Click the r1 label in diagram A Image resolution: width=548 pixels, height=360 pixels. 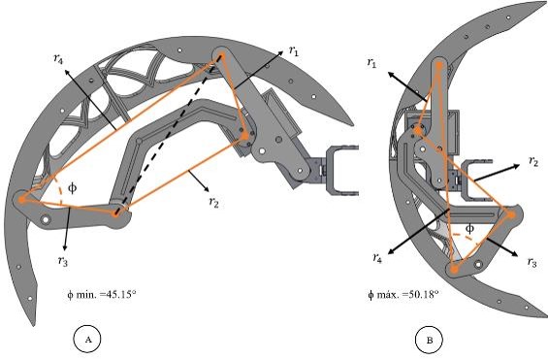tap(294, 51)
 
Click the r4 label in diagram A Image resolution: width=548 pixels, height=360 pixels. tap(59, 58)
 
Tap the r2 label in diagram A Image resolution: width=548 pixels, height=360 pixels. tap(213, 202)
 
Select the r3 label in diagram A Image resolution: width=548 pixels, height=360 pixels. tap(63, 261)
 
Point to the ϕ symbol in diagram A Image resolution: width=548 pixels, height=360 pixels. tap(72, 188)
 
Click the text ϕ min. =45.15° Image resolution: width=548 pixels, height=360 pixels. tap(101, 294)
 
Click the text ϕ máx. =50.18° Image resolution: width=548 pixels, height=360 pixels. tap(403, 294)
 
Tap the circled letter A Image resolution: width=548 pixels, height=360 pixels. tap(87, 339)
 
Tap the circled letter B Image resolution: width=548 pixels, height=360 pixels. tap(429, 340)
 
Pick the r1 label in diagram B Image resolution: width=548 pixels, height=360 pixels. tap(371, 62)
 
